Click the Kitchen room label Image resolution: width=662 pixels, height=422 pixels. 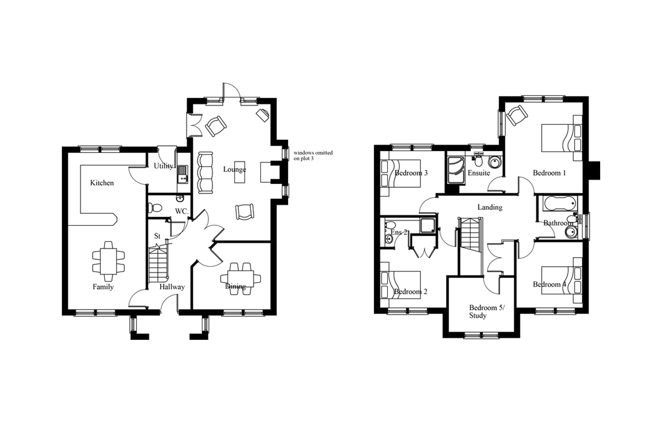click(102, 183)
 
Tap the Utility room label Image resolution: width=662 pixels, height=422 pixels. click(163, 166)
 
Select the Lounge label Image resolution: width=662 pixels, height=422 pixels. click(234, 169)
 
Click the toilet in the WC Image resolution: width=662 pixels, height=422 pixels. click(154, 208)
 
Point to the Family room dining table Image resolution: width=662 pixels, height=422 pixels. click(109, 261)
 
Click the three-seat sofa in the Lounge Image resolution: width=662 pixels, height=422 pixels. click(205, 172)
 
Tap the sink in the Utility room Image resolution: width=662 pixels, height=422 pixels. click(183, 174)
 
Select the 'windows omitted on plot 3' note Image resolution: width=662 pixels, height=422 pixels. click(313, 155)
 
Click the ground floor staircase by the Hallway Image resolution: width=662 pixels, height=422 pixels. click(158, 263)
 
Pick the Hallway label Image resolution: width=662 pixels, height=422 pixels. click(172, 287)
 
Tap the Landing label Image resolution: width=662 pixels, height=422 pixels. click(490, 207)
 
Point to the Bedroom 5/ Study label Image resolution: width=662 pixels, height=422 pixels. click(487, 312)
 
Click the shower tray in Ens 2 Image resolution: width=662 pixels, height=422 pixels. click(428, 225)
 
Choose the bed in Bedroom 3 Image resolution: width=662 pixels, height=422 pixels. click(401, 174)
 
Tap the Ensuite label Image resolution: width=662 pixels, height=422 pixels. click(478, 173)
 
